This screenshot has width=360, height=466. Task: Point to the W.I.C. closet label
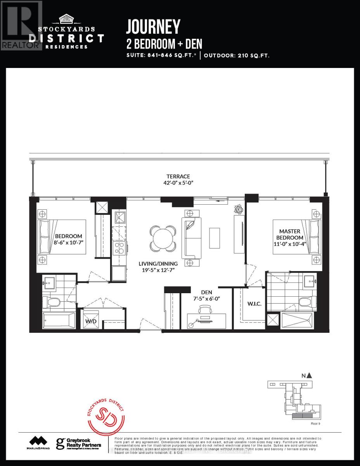pos(254,303)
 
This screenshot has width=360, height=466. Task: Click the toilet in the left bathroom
pos(50,302)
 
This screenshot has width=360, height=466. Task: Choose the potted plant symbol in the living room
pos(237,209)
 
